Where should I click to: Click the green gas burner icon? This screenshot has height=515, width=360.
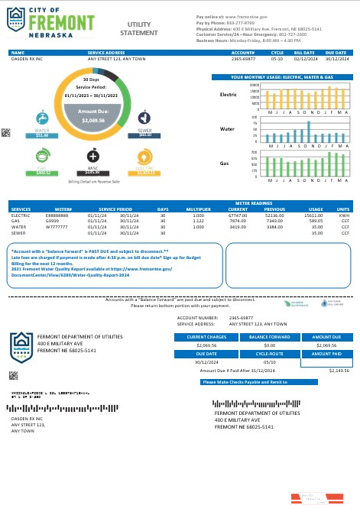tap(43, 156)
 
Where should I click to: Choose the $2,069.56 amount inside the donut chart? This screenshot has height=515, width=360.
tap(93, 121)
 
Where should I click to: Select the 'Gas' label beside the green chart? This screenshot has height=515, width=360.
tap(225, 164)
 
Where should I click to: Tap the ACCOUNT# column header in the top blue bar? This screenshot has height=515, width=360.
tap(242, 53)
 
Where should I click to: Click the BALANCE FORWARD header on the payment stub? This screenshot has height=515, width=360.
tap(268, 336)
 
